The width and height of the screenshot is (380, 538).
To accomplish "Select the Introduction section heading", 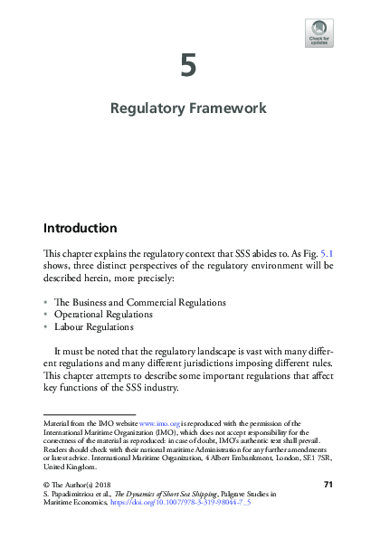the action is (81, 228).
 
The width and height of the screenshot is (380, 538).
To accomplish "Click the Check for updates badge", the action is (318, 33).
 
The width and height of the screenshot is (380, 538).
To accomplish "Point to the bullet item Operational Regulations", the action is (104, 315).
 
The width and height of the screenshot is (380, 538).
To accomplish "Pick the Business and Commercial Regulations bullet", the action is (140, 302).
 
